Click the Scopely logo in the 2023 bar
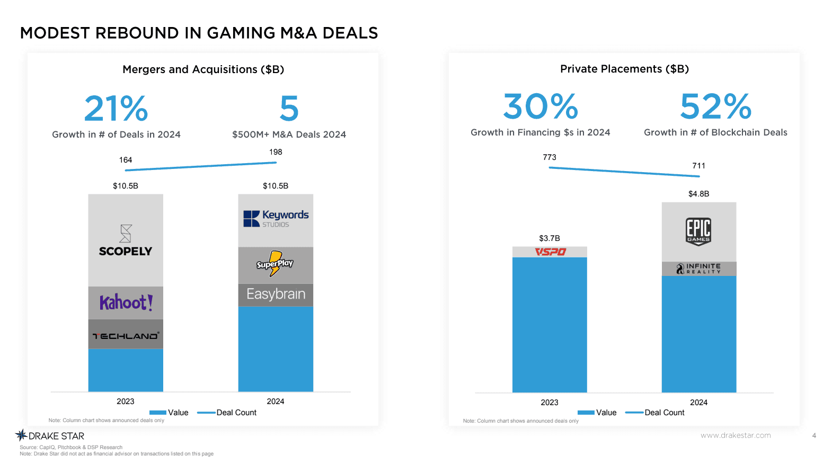coord(126,242)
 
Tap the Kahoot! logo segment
coord(126,302)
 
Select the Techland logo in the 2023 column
coord(126,336)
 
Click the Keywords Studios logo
coord(276,218)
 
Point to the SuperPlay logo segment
coord(275,264)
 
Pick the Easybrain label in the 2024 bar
coord(276,294)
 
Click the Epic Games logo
coord(698,231)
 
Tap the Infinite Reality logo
coord(698,269)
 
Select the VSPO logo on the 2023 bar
coord(550,252)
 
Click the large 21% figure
coord(116,109)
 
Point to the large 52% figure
coord(715,106)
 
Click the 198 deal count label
coord(276,152)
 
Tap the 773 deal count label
coord(550,157)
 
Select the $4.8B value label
coord(698,194)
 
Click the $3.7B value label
coord(550,238)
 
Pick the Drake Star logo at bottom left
coord(50,436)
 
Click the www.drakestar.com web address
coord(736,435)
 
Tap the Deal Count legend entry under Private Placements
coord(655,413)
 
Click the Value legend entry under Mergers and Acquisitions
coord(169,413)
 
